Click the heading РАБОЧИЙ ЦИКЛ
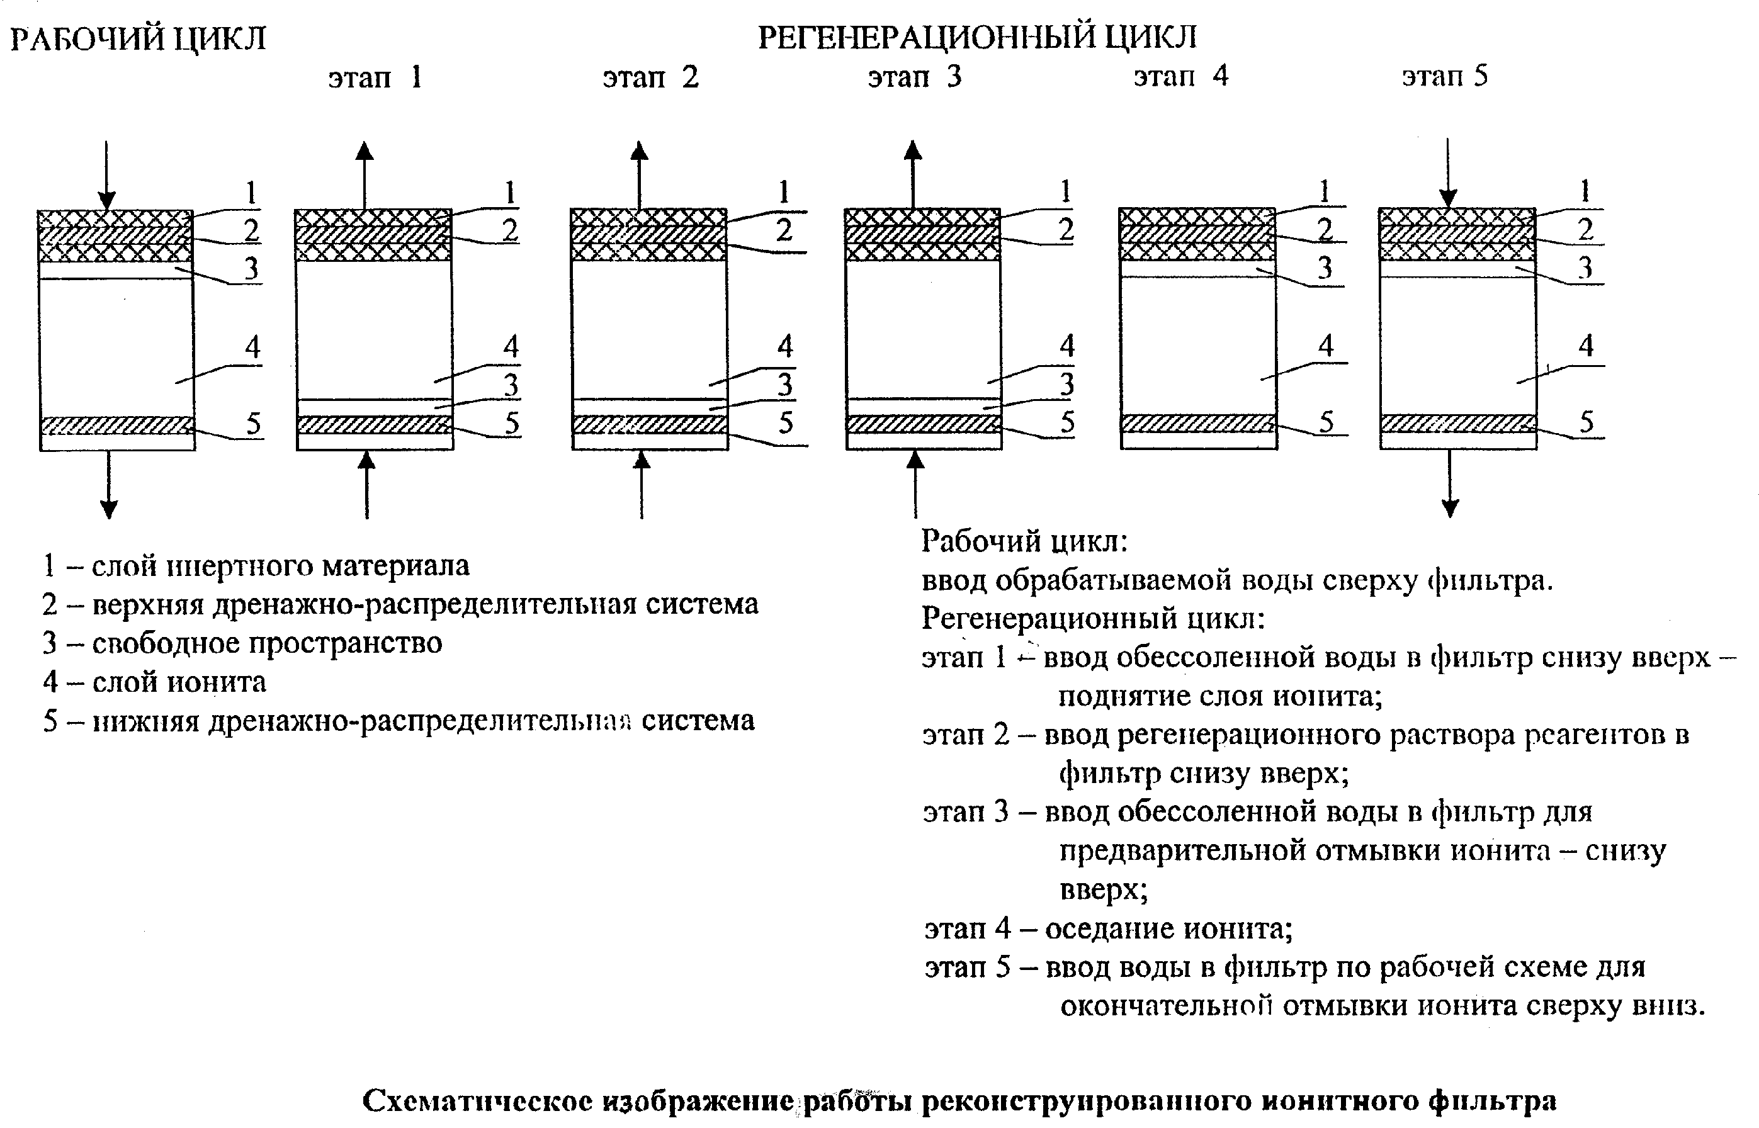(138, 39)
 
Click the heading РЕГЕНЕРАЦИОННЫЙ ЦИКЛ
(977, 37)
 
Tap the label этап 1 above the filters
(375, 77)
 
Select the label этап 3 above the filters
(914, 77)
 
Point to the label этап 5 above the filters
(1445, 76)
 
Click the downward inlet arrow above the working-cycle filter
(107, 176)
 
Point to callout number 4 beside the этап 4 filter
(1326, 345)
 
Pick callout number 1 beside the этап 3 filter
(1066, 192)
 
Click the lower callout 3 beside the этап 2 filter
(784, 384)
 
